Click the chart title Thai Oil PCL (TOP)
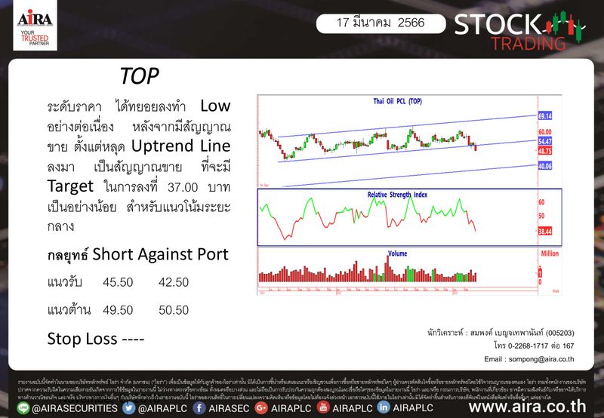tap(398, 101)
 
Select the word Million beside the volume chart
tap(549, 255)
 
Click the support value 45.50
tap(118, 281)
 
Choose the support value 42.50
tap(174, 281)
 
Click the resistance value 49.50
tap(118, 309)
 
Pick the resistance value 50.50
tap(174, 309)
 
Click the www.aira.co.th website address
tap(528, 407)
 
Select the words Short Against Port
tap(160, 255)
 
